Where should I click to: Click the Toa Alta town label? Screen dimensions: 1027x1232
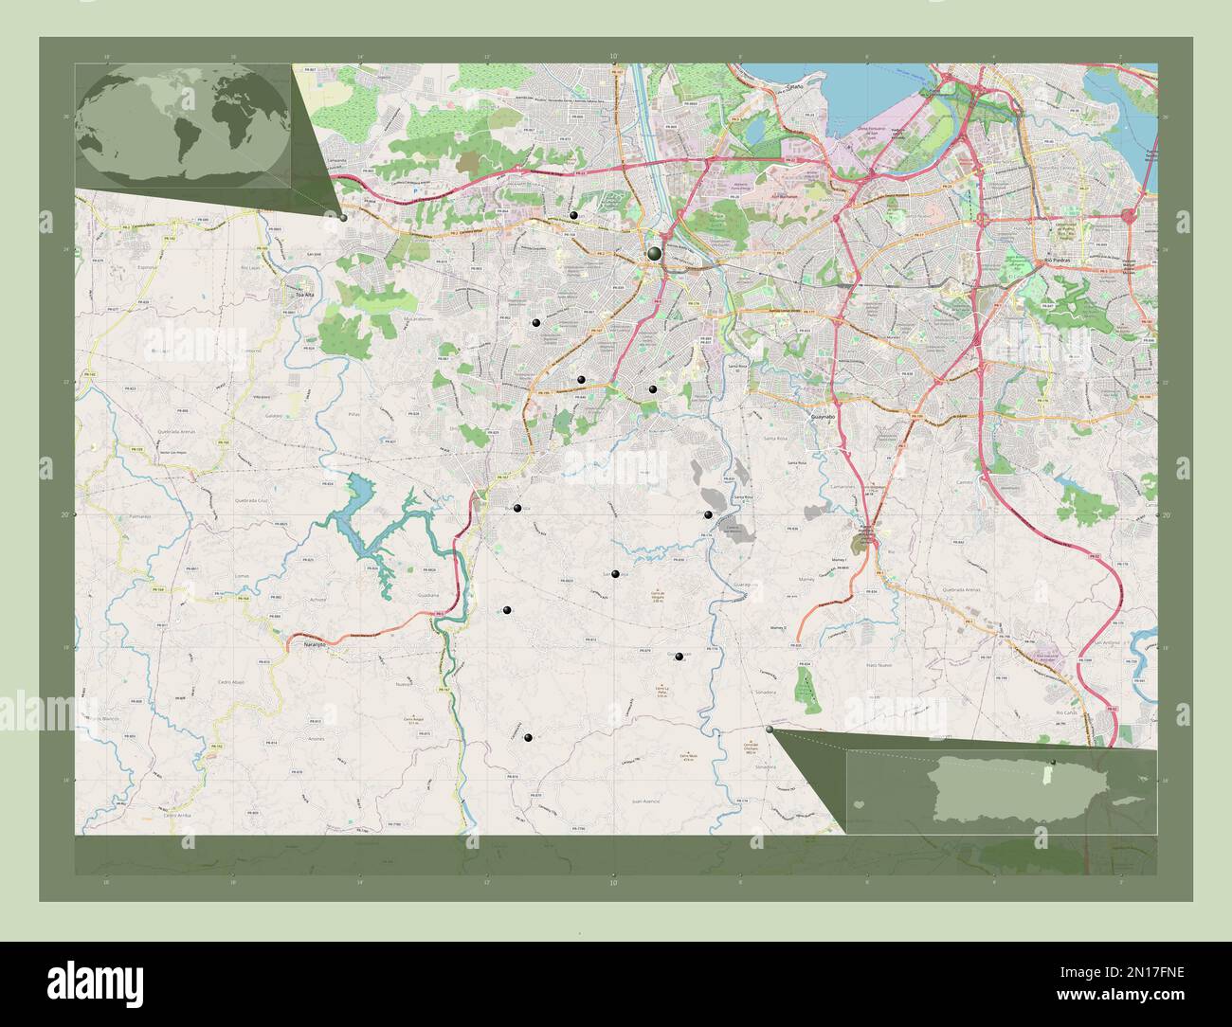[303, 295]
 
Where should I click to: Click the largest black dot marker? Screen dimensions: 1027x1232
[655, 253]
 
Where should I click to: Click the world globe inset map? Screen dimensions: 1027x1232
[182, 125]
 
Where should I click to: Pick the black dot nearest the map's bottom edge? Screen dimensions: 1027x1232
[528, 737]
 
